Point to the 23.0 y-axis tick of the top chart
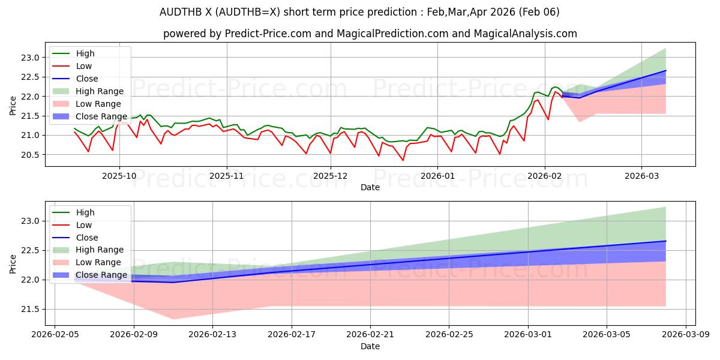point(30,58)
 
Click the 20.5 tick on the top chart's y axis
point(30,155)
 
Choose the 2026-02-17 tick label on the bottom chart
point(292,335)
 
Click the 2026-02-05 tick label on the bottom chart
point(55,335)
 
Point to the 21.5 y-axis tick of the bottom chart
point(30,309)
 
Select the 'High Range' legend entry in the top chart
point(100,91)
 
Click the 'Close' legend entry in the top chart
point(87,79)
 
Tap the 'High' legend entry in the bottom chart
point(85,212)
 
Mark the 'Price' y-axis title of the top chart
point(13,106)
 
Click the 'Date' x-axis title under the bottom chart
point(370,346)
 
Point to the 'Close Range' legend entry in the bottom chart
point(101,275)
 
